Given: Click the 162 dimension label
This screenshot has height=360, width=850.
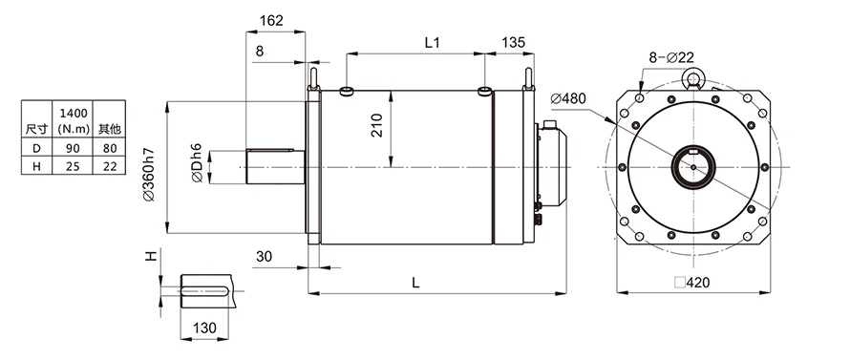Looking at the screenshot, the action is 271,21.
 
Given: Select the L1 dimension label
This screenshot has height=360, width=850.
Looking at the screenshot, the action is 432,43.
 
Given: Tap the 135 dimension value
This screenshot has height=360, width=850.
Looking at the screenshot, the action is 514,43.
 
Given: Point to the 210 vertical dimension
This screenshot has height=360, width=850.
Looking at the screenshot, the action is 377,125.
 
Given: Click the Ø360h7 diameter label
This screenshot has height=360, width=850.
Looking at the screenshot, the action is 149,175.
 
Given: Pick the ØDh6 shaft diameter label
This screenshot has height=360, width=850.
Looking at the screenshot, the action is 196,162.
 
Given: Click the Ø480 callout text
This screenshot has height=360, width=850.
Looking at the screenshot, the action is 567,98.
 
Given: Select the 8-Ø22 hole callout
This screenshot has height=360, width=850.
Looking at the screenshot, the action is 671,57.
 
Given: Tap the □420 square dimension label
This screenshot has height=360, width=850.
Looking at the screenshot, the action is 691,283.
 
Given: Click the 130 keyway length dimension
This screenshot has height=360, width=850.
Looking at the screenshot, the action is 204,328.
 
